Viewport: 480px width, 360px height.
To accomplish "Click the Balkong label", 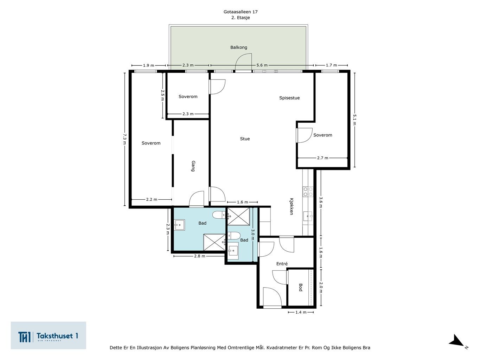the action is (x=238, y=47).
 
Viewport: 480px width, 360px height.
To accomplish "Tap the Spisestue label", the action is (x=289, y=98).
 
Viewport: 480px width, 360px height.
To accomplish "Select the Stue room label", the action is (x=245, y=139).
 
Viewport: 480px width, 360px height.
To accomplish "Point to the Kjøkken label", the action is (x=291, y=206).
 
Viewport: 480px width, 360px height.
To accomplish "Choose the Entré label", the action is (x=282, y=264).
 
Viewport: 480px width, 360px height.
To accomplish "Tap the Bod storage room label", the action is (x=300, y=288).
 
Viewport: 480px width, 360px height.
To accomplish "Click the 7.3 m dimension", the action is (x=124, y=139).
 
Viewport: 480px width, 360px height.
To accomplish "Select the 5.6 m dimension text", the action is (x=262, y=65).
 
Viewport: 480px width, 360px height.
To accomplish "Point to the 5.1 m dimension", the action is (x=354, y=120).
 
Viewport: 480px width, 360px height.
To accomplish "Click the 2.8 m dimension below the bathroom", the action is (x=199, y=256).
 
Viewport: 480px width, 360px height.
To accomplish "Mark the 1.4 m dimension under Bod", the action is (x=301, y=312).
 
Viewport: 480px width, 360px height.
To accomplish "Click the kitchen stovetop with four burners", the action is (x=308, y=192).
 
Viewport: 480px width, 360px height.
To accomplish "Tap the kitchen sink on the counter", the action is (x=308, y=217).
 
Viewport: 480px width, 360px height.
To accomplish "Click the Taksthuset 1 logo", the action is (x=48, y=335).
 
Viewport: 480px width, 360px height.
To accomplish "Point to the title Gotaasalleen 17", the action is (x=241, y=12).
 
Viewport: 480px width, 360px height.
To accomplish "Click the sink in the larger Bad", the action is (x=180, y=225).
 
